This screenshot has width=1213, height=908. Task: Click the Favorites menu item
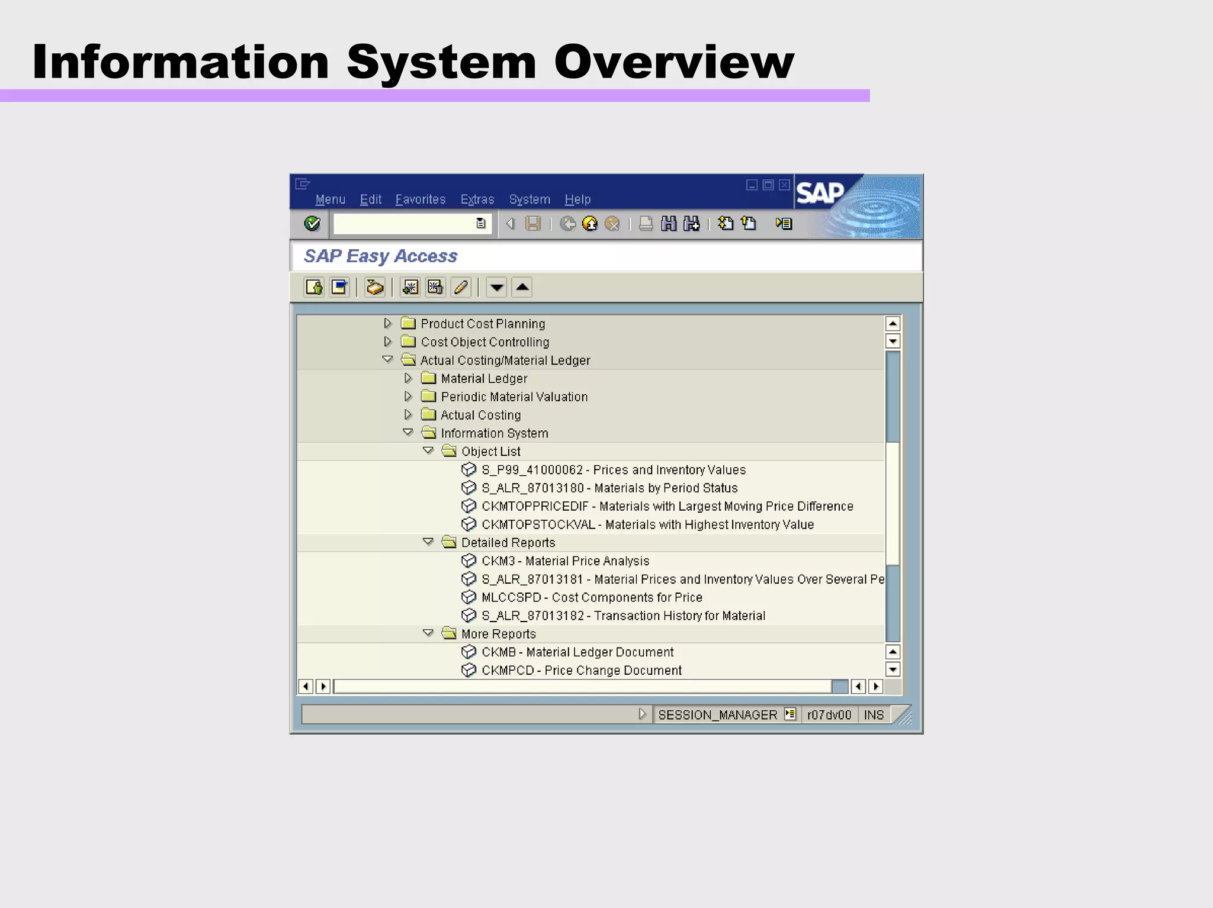(420, 199)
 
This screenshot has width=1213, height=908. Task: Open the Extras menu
(477, 199)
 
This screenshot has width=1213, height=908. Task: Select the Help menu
(577, 199)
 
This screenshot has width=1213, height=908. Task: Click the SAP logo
(820, 193)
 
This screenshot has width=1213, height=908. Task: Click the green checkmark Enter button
(312, 224)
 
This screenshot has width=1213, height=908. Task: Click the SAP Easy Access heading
(380, 256)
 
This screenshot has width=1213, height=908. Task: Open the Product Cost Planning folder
(482, 324)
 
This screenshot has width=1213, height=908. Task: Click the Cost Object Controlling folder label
(484, 342)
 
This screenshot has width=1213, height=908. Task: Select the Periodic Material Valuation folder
(514, 397)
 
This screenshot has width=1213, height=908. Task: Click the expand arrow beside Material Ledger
(408, 378)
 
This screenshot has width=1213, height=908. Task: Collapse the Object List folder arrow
(428, 451)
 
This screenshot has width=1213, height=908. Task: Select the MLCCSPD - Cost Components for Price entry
(591, 597)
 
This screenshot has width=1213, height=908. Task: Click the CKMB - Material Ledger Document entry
(577, 652)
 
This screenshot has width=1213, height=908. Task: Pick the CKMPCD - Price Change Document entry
(581, 671)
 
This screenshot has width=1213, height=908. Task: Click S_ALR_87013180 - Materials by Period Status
(609, 488)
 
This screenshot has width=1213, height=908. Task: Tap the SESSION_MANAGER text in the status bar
(717, 715)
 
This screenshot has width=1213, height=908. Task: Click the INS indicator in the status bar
(873, 715)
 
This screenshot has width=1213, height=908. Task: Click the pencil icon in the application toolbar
(461, 288)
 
